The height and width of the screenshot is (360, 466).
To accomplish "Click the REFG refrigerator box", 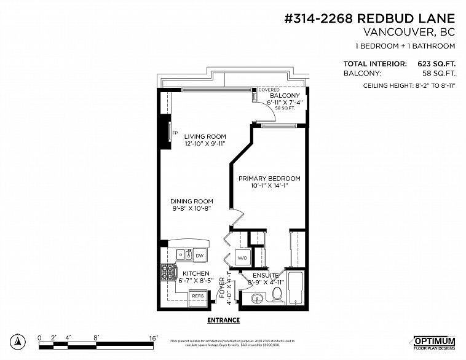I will click(198, 296).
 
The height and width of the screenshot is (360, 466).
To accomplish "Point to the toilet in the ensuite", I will click(277, 295).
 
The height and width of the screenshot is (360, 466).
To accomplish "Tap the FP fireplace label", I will click(175, 133).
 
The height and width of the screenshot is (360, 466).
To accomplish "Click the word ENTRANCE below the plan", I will click(223, 320).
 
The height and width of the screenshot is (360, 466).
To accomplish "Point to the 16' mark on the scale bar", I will click(154, 338).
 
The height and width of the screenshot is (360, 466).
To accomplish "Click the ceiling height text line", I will click(409, 85).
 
